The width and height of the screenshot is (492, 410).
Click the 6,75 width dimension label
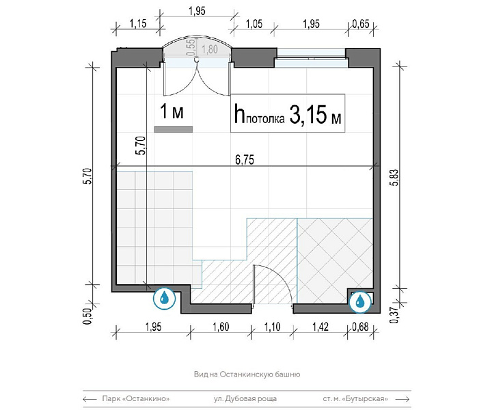click(x=245, y=160)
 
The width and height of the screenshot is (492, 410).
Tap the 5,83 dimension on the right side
click(x=395, y=178)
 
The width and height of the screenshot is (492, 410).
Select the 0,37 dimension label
click(x=395, y=315)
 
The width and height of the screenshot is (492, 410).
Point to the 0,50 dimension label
click(x=89, y=316)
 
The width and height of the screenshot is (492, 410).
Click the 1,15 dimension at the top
click(x=138, y=23)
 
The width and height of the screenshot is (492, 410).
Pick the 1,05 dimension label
click(x=254, y=24)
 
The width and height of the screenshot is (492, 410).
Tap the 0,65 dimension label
click(x=361, y=24)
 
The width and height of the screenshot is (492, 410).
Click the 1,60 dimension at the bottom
click(x=221, y=327)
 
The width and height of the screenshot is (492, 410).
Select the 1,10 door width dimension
click(x=272, y=327)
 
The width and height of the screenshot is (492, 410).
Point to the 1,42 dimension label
click(x=320, y=327)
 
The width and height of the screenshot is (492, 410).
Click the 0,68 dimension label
click(x=360, y=327)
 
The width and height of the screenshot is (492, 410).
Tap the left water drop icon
click(x=164, y=298)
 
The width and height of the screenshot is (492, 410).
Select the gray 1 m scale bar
click(x=174, y=130)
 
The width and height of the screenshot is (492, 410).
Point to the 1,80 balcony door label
click(x=210, y=49)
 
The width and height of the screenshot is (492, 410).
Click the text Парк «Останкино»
click(x=136, y=398)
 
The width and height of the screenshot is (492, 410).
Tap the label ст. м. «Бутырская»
click(x=355, y=398)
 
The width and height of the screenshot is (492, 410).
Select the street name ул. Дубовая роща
click(x=245, y=398)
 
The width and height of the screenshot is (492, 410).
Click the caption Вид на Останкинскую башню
click(x=247, y=374)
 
